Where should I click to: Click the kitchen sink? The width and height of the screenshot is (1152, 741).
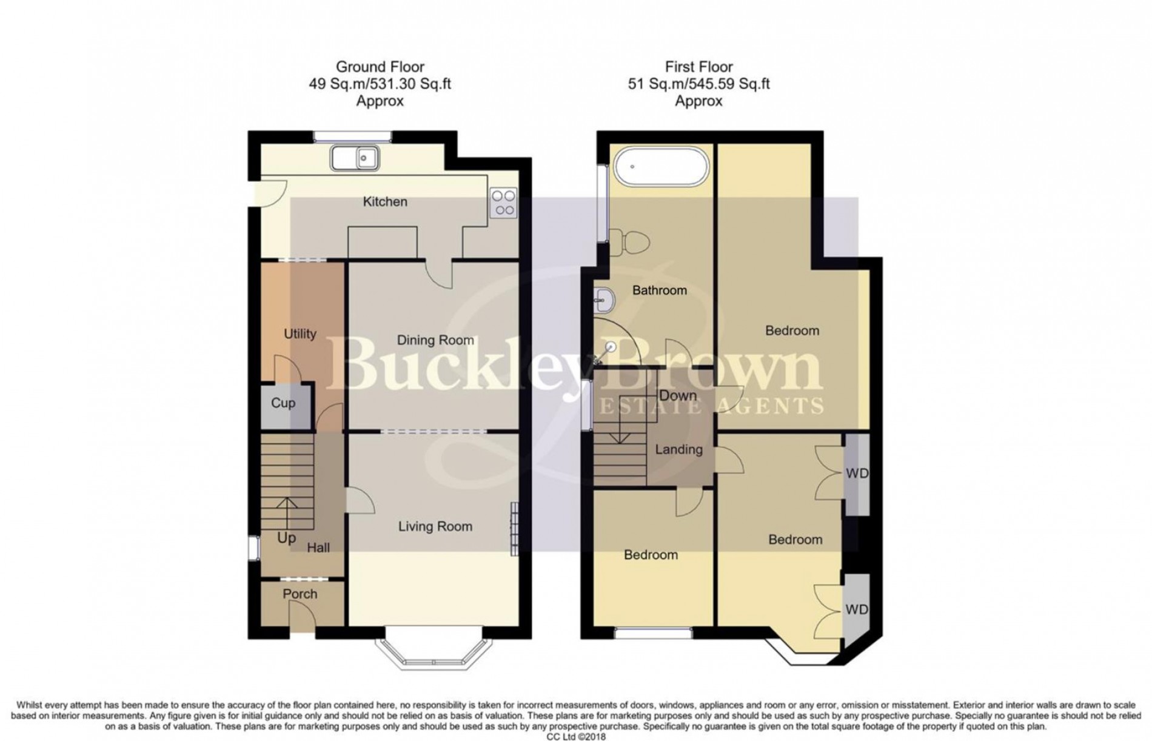coord(355,158)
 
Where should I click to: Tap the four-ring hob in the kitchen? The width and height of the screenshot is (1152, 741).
coord(503,203)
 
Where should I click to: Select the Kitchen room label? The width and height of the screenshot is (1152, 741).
coord(385,201)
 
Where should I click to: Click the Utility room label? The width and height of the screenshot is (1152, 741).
coord(300,334)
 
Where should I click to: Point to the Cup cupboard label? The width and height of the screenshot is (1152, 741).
coord(283,403)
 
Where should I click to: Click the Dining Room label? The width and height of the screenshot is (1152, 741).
coord(435,340)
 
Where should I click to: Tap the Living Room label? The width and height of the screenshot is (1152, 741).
coord(435,526)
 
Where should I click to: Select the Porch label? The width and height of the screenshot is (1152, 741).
coord(300,594)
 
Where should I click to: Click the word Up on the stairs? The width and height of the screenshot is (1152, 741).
coord(287,538)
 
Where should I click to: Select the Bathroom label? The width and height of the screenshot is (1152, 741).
coord(660,290)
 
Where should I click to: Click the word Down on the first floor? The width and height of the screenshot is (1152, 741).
coord(678,395)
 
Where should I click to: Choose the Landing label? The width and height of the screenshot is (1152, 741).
coord(679,449)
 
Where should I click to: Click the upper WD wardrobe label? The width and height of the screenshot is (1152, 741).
coord(857,473)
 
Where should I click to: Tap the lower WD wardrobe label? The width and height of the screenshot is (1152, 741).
coord(857,609)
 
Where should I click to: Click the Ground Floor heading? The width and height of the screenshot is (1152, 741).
coord(380,67)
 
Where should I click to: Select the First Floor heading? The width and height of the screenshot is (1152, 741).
coord(699,67)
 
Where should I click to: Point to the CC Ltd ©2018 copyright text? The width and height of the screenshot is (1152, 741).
coord(576,736)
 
